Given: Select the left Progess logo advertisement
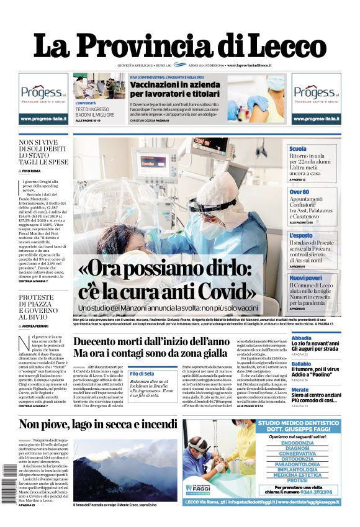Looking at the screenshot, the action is coord(43,93).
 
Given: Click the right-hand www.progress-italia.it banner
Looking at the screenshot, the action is coord(316,119).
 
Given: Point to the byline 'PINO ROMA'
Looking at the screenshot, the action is coord(31,171).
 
